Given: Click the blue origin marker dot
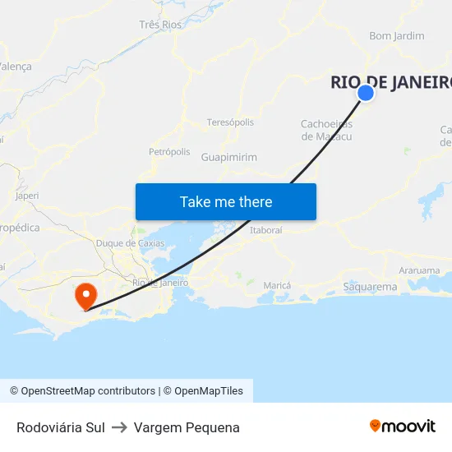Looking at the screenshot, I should [366, 93].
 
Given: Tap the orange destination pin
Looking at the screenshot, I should [85, 295].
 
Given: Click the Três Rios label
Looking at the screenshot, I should [160, 25].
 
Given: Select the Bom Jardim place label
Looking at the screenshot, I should [397, 36].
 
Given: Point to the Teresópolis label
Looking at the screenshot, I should [230, 122].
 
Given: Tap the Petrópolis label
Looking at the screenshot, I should [169, 152].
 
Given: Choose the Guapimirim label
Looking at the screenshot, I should [228, 157].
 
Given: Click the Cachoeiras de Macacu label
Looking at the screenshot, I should [326, 130].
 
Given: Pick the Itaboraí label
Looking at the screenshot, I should [265, 230].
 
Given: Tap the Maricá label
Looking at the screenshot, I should [277, 285].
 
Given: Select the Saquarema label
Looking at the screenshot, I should [370, 287].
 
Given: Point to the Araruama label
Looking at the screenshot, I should [418, 270].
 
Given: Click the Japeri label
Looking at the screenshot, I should [27, 196].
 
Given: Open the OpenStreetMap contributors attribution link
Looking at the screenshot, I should [82, 391].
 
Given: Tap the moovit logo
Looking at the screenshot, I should [402, 427].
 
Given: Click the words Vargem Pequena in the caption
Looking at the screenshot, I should [187, 427].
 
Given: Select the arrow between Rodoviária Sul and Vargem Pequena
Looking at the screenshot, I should [119, 427].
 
